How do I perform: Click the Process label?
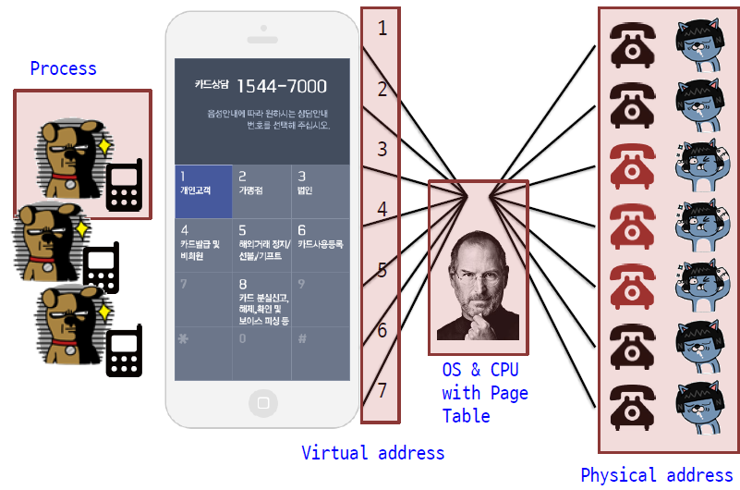[63, 68]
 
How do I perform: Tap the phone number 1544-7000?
[281, 86]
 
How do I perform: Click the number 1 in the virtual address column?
[382, 29]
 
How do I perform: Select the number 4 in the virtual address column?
[382, 210]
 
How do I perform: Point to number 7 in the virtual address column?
[382, 389]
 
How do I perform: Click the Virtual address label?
[372, 453]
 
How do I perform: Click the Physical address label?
[656, 475]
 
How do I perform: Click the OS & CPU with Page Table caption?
[484, 392]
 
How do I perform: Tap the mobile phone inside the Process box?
[124, 185]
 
